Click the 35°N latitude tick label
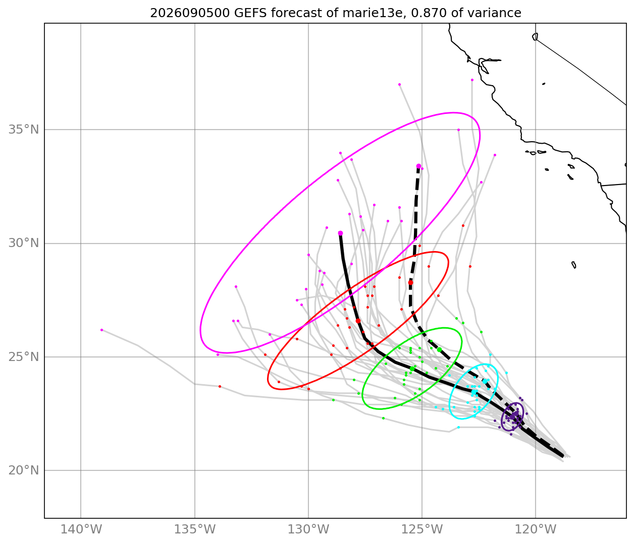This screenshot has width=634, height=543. pyautogui.click(x=24, y=130)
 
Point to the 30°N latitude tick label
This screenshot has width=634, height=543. pyautogui.click(x=24, y=244)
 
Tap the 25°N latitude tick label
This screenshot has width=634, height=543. pyautogui.click(x=24, y=357)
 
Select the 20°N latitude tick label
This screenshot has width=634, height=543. pyautogui.click(x=24, y=470)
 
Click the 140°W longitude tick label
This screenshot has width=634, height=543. pyautogui.click(x=81, y=529)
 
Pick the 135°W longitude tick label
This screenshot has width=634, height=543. pyautogui.click(x=195, y=529)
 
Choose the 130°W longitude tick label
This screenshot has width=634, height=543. pyautogui.click(x=308, y=529)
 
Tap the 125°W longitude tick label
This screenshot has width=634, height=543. pyautogui.click(x=422, y=529)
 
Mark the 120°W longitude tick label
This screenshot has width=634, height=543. pyautogui.click(x=536, y=529)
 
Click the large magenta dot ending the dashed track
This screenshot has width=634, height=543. pyautogui.click(x=418, y=166)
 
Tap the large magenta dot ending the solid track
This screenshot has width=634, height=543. pyautogui.click(x=340, y=233)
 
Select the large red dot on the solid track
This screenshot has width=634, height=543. pyautogui.click(x=358, y=321)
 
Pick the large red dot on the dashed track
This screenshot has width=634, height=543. pyautogui.click(x=411, y=282)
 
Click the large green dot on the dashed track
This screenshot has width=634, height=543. pyautogui.click(x=439, y=349)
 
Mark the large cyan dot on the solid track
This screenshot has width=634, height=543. pyautogui.click(x=473, y=392)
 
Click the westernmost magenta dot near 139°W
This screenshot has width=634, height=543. pyautogui.click(x=102, y=330)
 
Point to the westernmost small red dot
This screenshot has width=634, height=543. pyautogui.click(x=220, y=386)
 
